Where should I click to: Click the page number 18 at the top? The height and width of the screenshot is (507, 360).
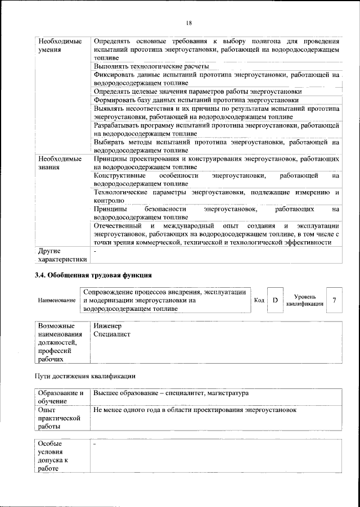[x=189, y=22]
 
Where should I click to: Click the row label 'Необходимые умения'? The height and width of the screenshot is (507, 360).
[x=58, y=46]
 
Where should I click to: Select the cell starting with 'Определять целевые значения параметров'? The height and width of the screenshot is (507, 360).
[x=198, y=91]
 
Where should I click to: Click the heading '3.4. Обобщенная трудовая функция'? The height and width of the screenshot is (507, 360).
[x=94, y=275]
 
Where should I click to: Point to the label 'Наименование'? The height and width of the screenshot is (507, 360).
[x=57, y=301]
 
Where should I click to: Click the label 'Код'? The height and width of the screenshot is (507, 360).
[x=259, y=300]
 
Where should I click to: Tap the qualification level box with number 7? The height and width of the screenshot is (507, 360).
[x=335, y=300]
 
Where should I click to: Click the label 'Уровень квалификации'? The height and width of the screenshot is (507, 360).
[x=305, y=300]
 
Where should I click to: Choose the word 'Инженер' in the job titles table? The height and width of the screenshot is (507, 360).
[x=107, y=326]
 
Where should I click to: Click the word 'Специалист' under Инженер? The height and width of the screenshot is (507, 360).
[x=112, y=334]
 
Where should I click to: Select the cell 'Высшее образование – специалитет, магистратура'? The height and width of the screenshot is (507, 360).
[x=171, y=393]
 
